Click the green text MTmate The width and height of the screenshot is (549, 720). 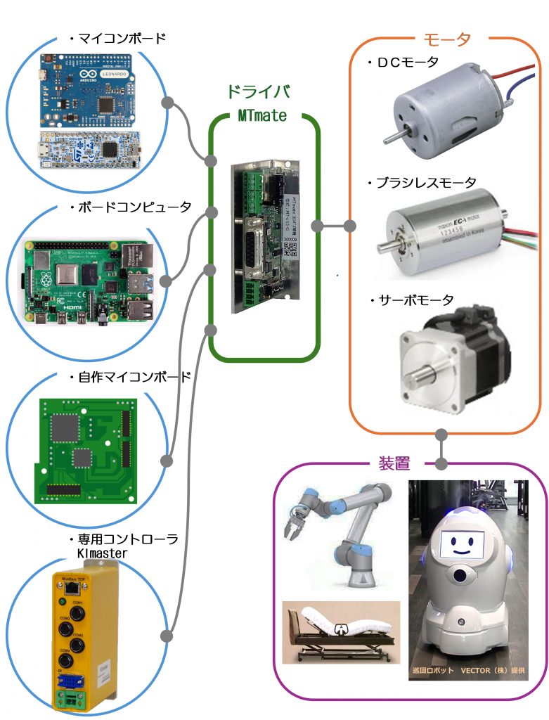(262, 115)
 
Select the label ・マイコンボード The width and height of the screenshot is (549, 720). (117, 39)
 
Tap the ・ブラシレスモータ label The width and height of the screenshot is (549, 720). (422, 184)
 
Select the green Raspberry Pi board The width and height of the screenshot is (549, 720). (88, 282)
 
